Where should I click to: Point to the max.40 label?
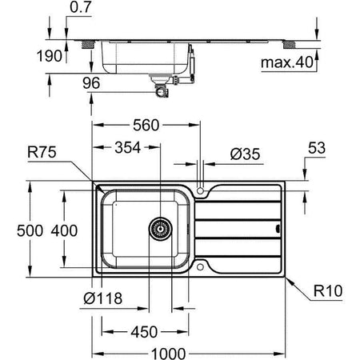pos(289,62)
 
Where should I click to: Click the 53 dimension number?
pos(318,149)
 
